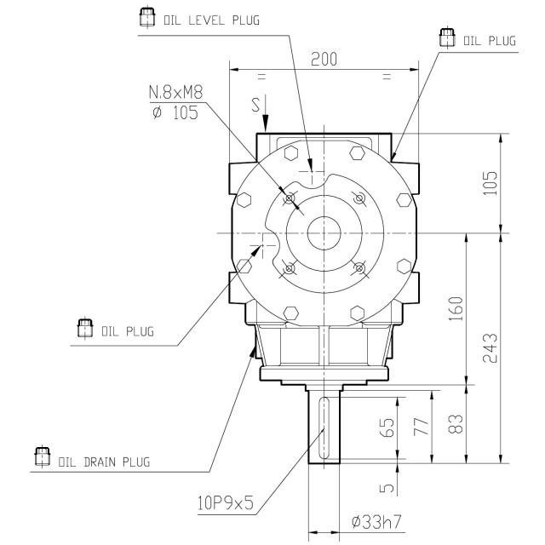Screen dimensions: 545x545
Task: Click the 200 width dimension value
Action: click(324, 59)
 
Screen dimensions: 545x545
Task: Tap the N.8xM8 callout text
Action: click(175, 93)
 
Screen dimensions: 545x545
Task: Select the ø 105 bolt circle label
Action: click(175, 112)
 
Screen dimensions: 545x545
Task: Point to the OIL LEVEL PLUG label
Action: click(212, 20)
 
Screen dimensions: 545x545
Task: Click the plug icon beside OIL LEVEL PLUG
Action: click(147, 17)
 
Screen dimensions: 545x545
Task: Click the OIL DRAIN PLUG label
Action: click(104, 462)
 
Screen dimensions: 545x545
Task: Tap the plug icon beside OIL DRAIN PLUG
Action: click(42, 456)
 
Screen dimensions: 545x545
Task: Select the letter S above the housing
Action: click(255, 105)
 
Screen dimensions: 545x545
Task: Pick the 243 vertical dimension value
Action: click(490, 348)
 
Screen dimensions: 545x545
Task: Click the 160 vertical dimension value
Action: click(456, 308)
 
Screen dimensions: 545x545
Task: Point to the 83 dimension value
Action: click(456, 424)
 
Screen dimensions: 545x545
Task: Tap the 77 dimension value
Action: click(422, 427)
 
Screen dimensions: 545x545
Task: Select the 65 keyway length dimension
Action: click(387, 427)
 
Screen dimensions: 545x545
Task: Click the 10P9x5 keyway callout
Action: click(226, 502)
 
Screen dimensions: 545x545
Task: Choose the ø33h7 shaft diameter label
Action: click(376, 521)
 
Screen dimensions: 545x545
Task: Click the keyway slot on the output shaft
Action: click(324, 427)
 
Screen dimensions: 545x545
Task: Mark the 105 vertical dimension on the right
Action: click(490, 183)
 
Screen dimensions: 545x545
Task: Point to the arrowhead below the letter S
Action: click(265, 123)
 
